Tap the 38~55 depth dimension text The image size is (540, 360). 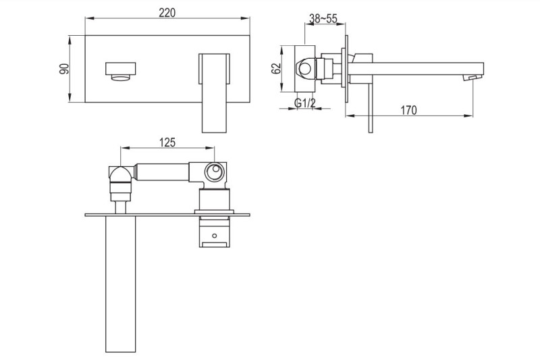(x=323, y=19)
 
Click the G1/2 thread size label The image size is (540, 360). (x=304, y=103)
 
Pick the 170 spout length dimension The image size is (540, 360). (x=408, y=109)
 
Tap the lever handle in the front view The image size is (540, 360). (x=215, y=91)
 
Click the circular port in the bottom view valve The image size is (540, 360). (x=215, y=172)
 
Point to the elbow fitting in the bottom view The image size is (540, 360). (x=119, y=178)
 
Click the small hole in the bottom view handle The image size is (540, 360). (x=215, y=237)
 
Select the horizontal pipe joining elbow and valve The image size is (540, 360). (x=162, y=173)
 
